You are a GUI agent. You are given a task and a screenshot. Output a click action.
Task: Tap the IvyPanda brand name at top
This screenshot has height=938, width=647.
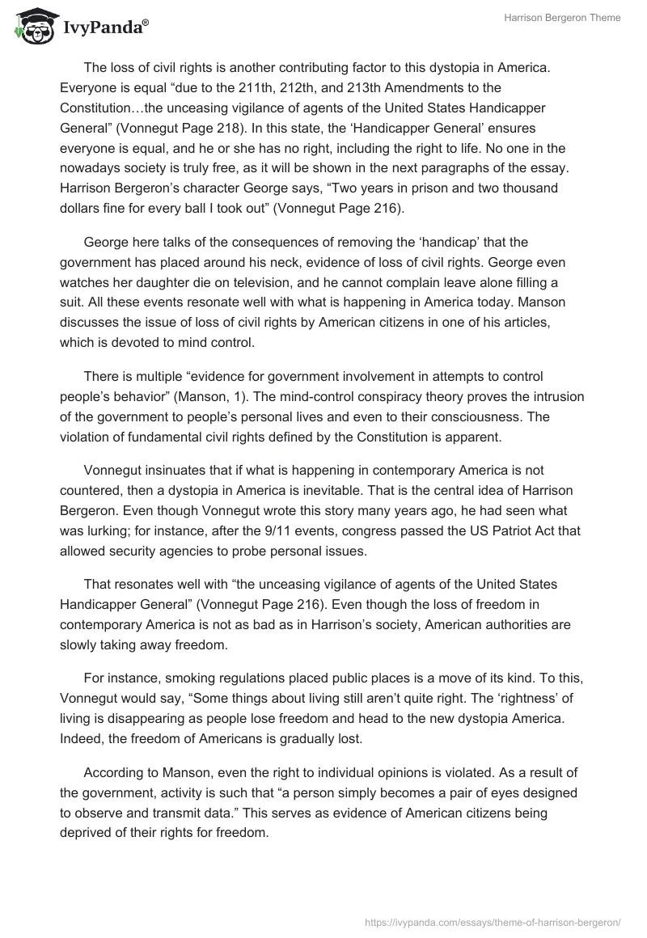[104, 27]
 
